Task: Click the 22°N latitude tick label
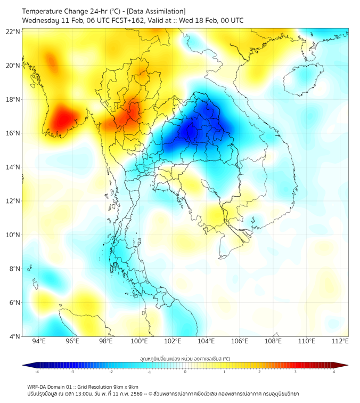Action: [13, 31]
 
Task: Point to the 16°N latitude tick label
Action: [13, 133]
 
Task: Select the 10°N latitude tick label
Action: [13, 235]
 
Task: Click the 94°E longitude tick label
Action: [39, 341]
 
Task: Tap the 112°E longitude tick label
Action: [340, 341]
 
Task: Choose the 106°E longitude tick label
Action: [240, 341]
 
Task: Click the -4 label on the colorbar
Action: [36, 372]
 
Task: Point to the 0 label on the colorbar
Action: [185, 372]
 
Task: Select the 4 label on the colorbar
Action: [334, 372]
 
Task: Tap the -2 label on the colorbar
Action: [110, 372]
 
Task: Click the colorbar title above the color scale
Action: [185, 358]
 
